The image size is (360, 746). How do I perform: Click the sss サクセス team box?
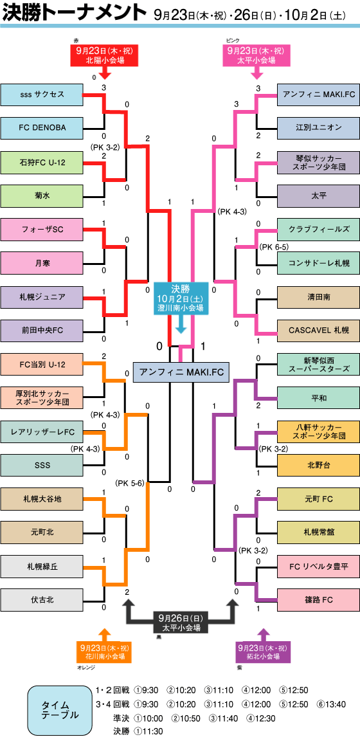[42, 95]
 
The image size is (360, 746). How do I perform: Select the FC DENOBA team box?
[42, 127]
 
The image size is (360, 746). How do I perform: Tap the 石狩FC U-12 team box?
[42, 162]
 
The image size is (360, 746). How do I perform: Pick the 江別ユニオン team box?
[318, 127]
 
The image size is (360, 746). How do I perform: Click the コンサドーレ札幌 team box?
[318, 262]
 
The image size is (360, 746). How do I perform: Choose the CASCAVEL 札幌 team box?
[318, 330]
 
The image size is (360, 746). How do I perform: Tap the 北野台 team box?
[318, 465]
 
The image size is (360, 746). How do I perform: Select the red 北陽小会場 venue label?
[104, 55]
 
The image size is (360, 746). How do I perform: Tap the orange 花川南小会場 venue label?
[104, 652]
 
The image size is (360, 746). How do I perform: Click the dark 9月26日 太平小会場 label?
[181, 623]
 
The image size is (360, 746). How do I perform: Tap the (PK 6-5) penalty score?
[274, 247]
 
